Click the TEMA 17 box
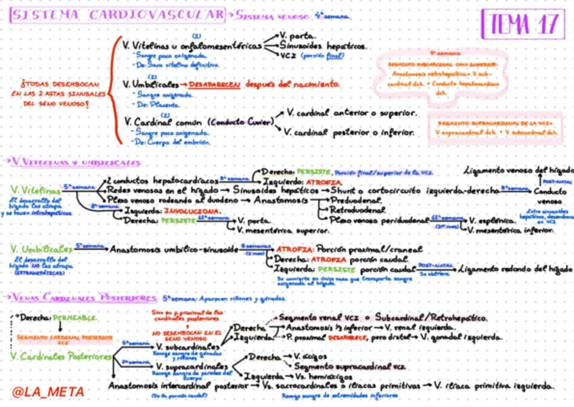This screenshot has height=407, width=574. click(x=522, y=25)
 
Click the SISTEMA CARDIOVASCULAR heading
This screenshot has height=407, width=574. click(x=117, y=14)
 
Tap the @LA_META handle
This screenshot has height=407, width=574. click(x=47, y=391)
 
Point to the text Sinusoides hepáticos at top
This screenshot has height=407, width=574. click(x=323, y=45)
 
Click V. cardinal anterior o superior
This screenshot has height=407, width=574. click(x=350, y=113)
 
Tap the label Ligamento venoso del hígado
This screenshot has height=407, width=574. click(x=518, y=169)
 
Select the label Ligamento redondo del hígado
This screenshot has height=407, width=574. click(x=515, y=269)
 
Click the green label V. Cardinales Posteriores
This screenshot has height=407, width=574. click(x=62, y=356)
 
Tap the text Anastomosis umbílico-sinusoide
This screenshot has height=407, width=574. click(x=173, y=249)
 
